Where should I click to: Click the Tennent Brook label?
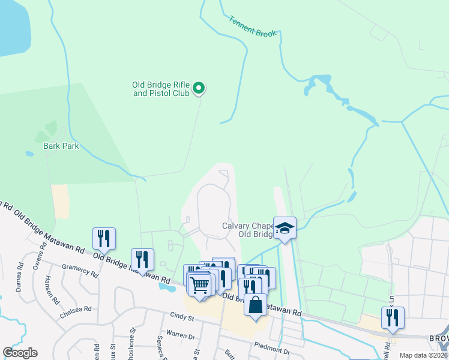(253, 27)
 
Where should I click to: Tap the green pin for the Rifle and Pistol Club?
(199, 89)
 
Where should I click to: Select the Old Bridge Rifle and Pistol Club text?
(161, 89)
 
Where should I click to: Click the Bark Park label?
(61, 146)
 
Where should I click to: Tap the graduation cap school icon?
(285, 227)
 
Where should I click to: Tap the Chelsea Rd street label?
(76, 312)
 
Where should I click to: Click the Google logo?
(20, 353)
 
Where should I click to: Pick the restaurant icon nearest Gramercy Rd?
(104, 238)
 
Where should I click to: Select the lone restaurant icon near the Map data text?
(393, 317)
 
